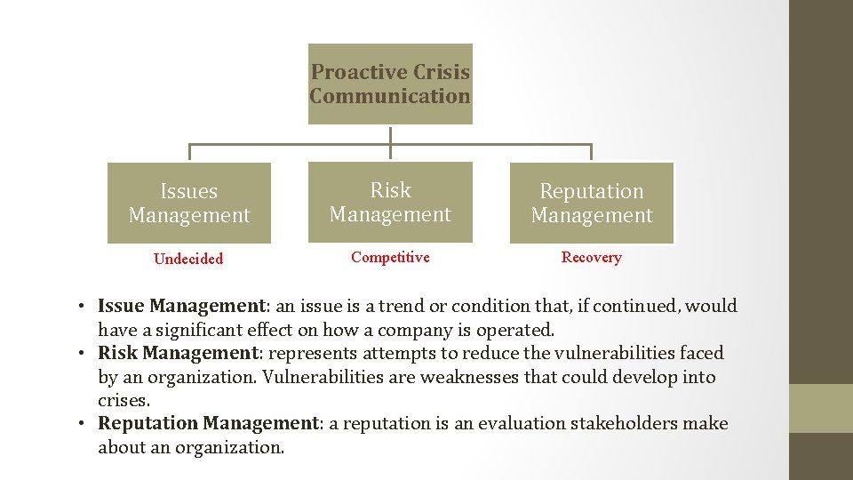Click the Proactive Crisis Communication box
(390, 84)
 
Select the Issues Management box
(189, 203)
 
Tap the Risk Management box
(390, 202)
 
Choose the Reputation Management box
(592, 203)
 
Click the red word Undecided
(188, 259)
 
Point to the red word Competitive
(390, 257)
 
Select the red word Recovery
(591, 257)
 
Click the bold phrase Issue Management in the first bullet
(181, 306)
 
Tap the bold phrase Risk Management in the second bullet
(177, 353)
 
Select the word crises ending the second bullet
(123, 401)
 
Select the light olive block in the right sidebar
(821, 408)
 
